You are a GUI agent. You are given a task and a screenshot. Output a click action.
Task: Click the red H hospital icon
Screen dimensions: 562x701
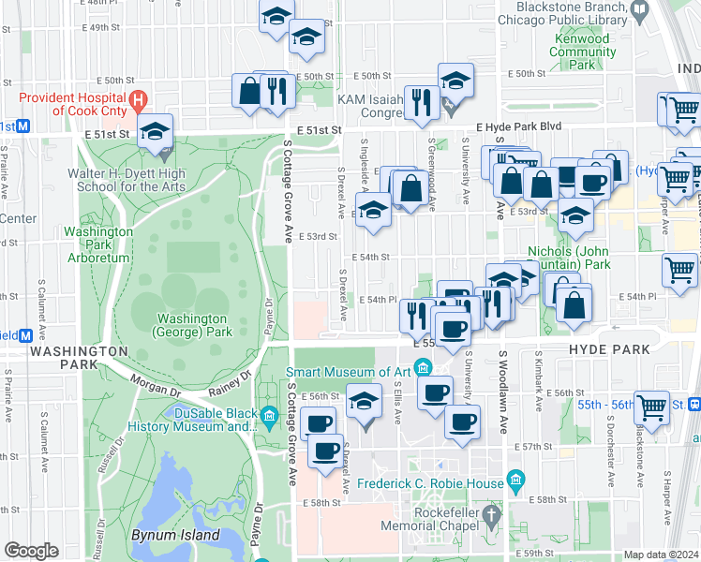coord(139,98)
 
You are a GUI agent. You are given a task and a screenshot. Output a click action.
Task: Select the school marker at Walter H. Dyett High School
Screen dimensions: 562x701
coord(156,133)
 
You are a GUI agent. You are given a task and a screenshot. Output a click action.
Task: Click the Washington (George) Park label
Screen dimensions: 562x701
coord(193,325)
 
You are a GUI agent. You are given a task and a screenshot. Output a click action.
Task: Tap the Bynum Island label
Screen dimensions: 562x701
coord(175,536)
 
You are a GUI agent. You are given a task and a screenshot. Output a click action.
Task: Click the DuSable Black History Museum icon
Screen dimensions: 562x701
coord(269,415)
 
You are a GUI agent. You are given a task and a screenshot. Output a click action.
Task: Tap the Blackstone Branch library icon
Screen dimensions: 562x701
coord(640,10)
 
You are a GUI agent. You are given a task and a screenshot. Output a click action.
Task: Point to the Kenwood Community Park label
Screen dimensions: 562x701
coord(582,52)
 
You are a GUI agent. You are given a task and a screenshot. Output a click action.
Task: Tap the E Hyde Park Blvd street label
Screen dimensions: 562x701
coord(518,126)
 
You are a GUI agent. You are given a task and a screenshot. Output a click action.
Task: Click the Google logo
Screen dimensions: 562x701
coord(31,551)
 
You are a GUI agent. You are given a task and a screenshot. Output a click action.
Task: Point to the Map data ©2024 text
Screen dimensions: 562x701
coord(660,555)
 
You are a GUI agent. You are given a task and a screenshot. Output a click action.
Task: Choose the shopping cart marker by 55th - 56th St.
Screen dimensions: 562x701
coord(651,407)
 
